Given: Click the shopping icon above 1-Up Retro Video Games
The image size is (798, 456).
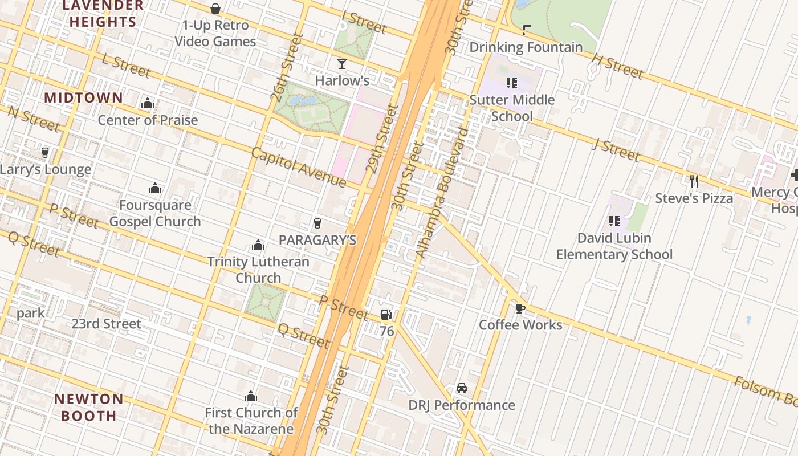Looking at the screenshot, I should point(215,9).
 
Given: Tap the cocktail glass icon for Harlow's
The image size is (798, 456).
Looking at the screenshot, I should point(342,63).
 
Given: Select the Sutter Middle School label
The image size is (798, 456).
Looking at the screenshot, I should point(512,108).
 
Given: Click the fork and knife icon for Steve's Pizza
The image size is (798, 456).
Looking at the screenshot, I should point(694,181).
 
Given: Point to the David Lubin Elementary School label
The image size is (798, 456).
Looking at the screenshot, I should point(614,246).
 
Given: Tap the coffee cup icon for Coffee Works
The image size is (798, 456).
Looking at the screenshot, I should point(520,308).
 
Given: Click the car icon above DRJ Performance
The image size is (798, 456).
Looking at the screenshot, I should point(462,388).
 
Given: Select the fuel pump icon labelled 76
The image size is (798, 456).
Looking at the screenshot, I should point(386,315).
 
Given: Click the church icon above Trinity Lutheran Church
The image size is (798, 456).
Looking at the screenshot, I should point(258,246).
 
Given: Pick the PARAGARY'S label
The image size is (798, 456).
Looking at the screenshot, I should point(317,240).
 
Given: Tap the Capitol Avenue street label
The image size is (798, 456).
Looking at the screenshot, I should point(298,167).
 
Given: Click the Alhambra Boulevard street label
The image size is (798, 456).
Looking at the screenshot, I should point(442,193).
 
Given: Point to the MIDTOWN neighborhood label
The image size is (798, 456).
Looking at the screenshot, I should point(84,97).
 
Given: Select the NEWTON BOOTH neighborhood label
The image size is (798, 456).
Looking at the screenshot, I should point(88,406).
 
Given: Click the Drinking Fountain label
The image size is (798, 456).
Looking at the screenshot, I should point(526,47).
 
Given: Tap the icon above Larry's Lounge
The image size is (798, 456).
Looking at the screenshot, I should point(45,152).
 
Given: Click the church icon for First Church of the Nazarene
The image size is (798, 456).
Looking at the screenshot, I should point(251,397).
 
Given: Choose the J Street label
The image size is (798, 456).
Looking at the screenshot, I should point(615,150).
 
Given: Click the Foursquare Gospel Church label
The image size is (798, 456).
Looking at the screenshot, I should point(155,213).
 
